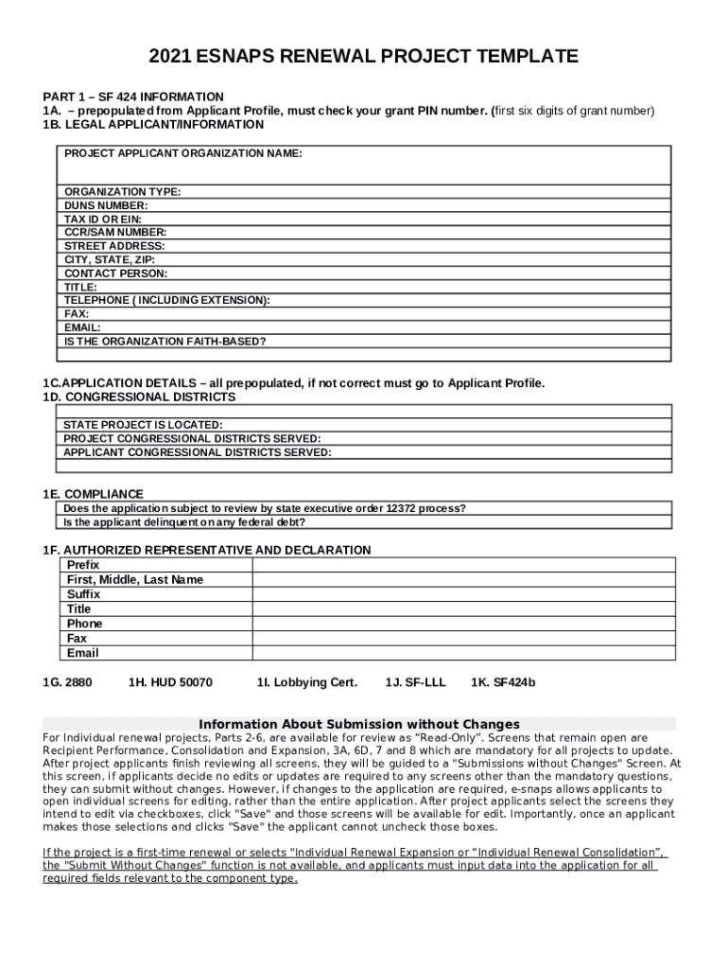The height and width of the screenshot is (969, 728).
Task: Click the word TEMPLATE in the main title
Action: pyautogui.click(x=518, y=58)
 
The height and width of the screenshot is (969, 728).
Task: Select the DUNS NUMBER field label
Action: pyautogui.click(x=106, y=205)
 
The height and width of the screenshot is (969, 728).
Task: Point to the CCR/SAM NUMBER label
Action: pyautogui.click(x=115, y=232)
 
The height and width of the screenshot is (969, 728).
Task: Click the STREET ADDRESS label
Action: pyautogui.click(x=114, y=246)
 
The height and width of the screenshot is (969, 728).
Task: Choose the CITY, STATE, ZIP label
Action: pyautogui.click(x=110, y=259)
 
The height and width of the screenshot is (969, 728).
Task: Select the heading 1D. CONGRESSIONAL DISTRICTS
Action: pyautogui.click(x=139, y=397)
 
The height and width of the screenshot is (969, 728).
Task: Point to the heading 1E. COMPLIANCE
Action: pyautogui.click(x=94, y=494)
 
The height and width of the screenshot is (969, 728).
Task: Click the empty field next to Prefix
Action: pyautogui.click(x=462, y=565)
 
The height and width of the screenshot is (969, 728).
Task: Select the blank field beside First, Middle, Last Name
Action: pyautogui.click(x=462, y=579)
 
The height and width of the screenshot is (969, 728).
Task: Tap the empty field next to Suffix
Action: pyautogui.click(x=462, y=594)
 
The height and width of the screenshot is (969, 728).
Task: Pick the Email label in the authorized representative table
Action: pyautogui.click(x=83, y=653)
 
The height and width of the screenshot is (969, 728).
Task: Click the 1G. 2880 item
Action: pyautogui.click(x=68, y=682)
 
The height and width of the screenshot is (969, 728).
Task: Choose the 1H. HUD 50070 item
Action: pyautogui.click(x=170, y=682)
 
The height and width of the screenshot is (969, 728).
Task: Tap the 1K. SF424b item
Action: pyautogui.click(x=503, y=682)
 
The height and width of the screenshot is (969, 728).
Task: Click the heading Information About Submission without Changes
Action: pyautogui.click(x=359, y=724)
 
